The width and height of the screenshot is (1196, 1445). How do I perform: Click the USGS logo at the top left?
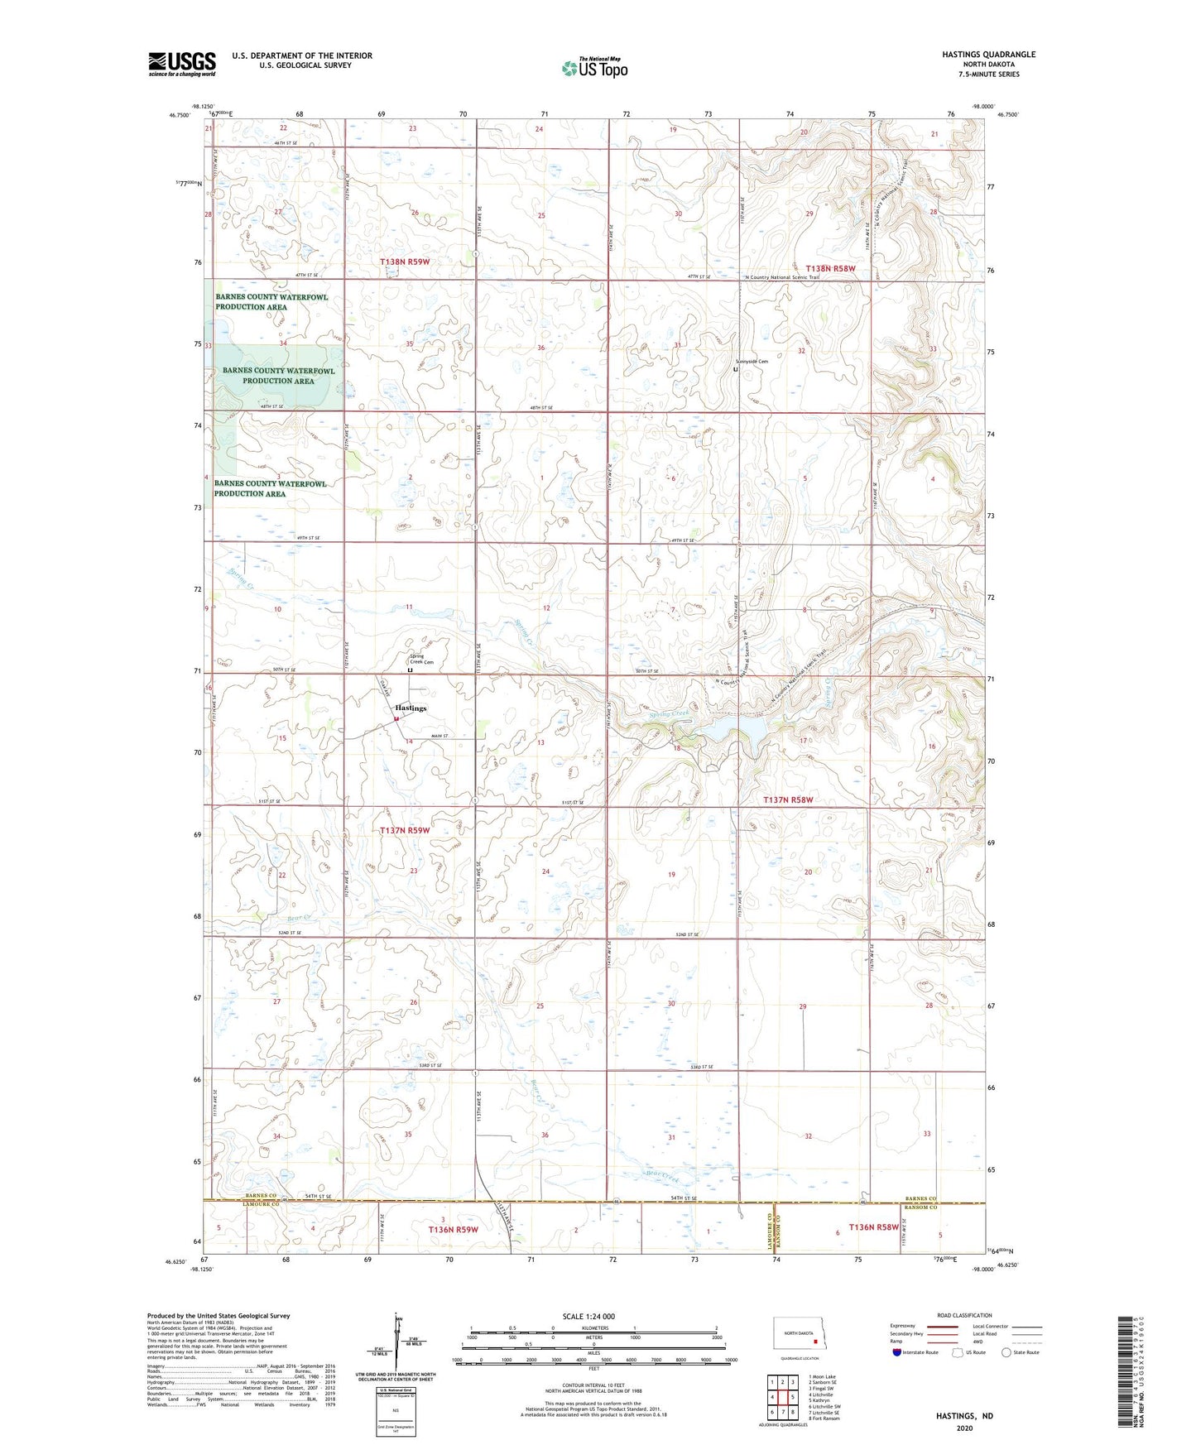182,64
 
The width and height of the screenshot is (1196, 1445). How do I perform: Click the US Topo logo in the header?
593,68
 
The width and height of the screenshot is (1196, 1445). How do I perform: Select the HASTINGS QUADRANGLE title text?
988,55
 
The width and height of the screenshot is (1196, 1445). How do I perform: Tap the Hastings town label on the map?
411,708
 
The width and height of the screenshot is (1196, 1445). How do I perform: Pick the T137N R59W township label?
404,830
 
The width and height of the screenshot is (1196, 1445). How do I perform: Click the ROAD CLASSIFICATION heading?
964,1315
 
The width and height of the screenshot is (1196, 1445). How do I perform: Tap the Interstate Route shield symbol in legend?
898,1352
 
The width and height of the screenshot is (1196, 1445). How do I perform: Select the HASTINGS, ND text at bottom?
964,1416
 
